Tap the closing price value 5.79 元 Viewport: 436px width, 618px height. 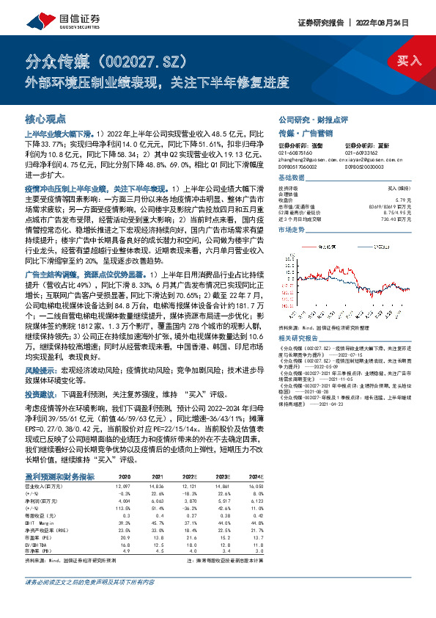415,200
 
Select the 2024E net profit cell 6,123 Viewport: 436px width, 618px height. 254,500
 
